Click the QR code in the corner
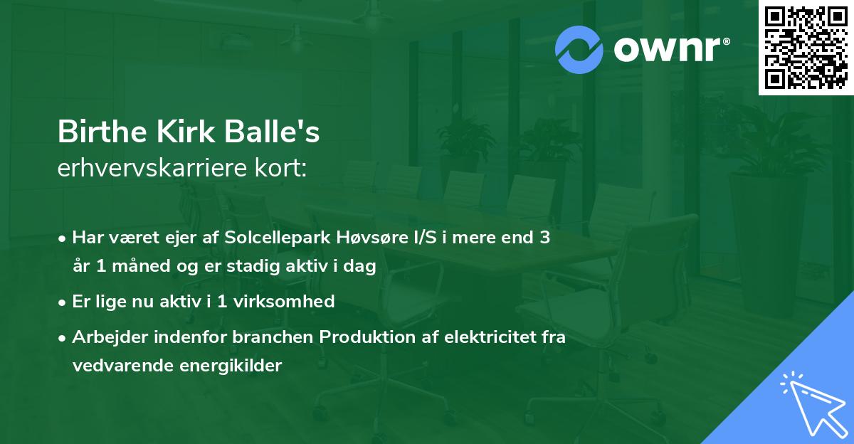tap(806, 48)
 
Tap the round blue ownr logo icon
tap(579, 50)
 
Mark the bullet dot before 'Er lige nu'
tap(63, 302)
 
